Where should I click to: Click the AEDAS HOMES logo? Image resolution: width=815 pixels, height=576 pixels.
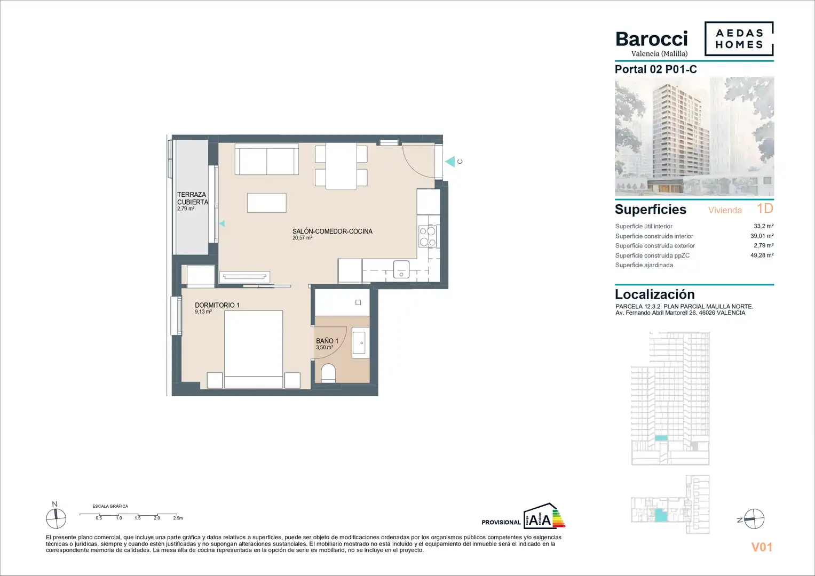click(739, 38)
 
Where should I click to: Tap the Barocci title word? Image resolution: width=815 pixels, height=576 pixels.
click(652, 39)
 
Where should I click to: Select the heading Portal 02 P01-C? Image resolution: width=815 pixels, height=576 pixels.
click(655, 69)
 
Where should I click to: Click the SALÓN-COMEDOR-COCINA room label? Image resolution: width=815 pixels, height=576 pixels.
click(332, 231)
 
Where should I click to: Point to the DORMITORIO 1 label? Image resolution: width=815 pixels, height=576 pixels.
click(217, 305)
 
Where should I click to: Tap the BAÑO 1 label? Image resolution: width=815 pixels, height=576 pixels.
click(327, 341)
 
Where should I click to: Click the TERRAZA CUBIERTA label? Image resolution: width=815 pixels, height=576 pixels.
click(193, 198)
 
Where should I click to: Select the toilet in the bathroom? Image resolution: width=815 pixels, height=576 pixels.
click(328, 373)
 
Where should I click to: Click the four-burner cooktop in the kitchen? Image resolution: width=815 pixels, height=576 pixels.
click(428, 236)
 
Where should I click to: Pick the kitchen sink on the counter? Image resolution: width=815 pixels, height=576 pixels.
click(401, 269)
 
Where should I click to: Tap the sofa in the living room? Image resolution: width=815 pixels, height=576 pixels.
click(267, 159)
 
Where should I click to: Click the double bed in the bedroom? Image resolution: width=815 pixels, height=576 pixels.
click(254, 349)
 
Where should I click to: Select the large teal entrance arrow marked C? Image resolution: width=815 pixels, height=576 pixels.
click(450, 162)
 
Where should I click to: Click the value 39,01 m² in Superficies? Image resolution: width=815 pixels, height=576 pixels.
click(762, 236)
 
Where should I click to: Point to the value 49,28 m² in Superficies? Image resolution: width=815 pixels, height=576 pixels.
click(762, 255)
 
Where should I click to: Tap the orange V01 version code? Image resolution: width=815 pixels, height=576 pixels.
click(762, 547)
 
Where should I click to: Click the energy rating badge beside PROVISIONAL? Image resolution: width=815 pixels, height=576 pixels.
click(544, 516)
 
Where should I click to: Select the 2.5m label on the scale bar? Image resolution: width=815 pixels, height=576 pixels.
click(178, 518)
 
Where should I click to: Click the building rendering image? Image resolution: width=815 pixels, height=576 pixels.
click(694, 137)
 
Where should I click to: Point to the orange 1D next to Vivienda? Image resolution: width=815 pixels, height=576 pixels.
click(765, 209)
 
